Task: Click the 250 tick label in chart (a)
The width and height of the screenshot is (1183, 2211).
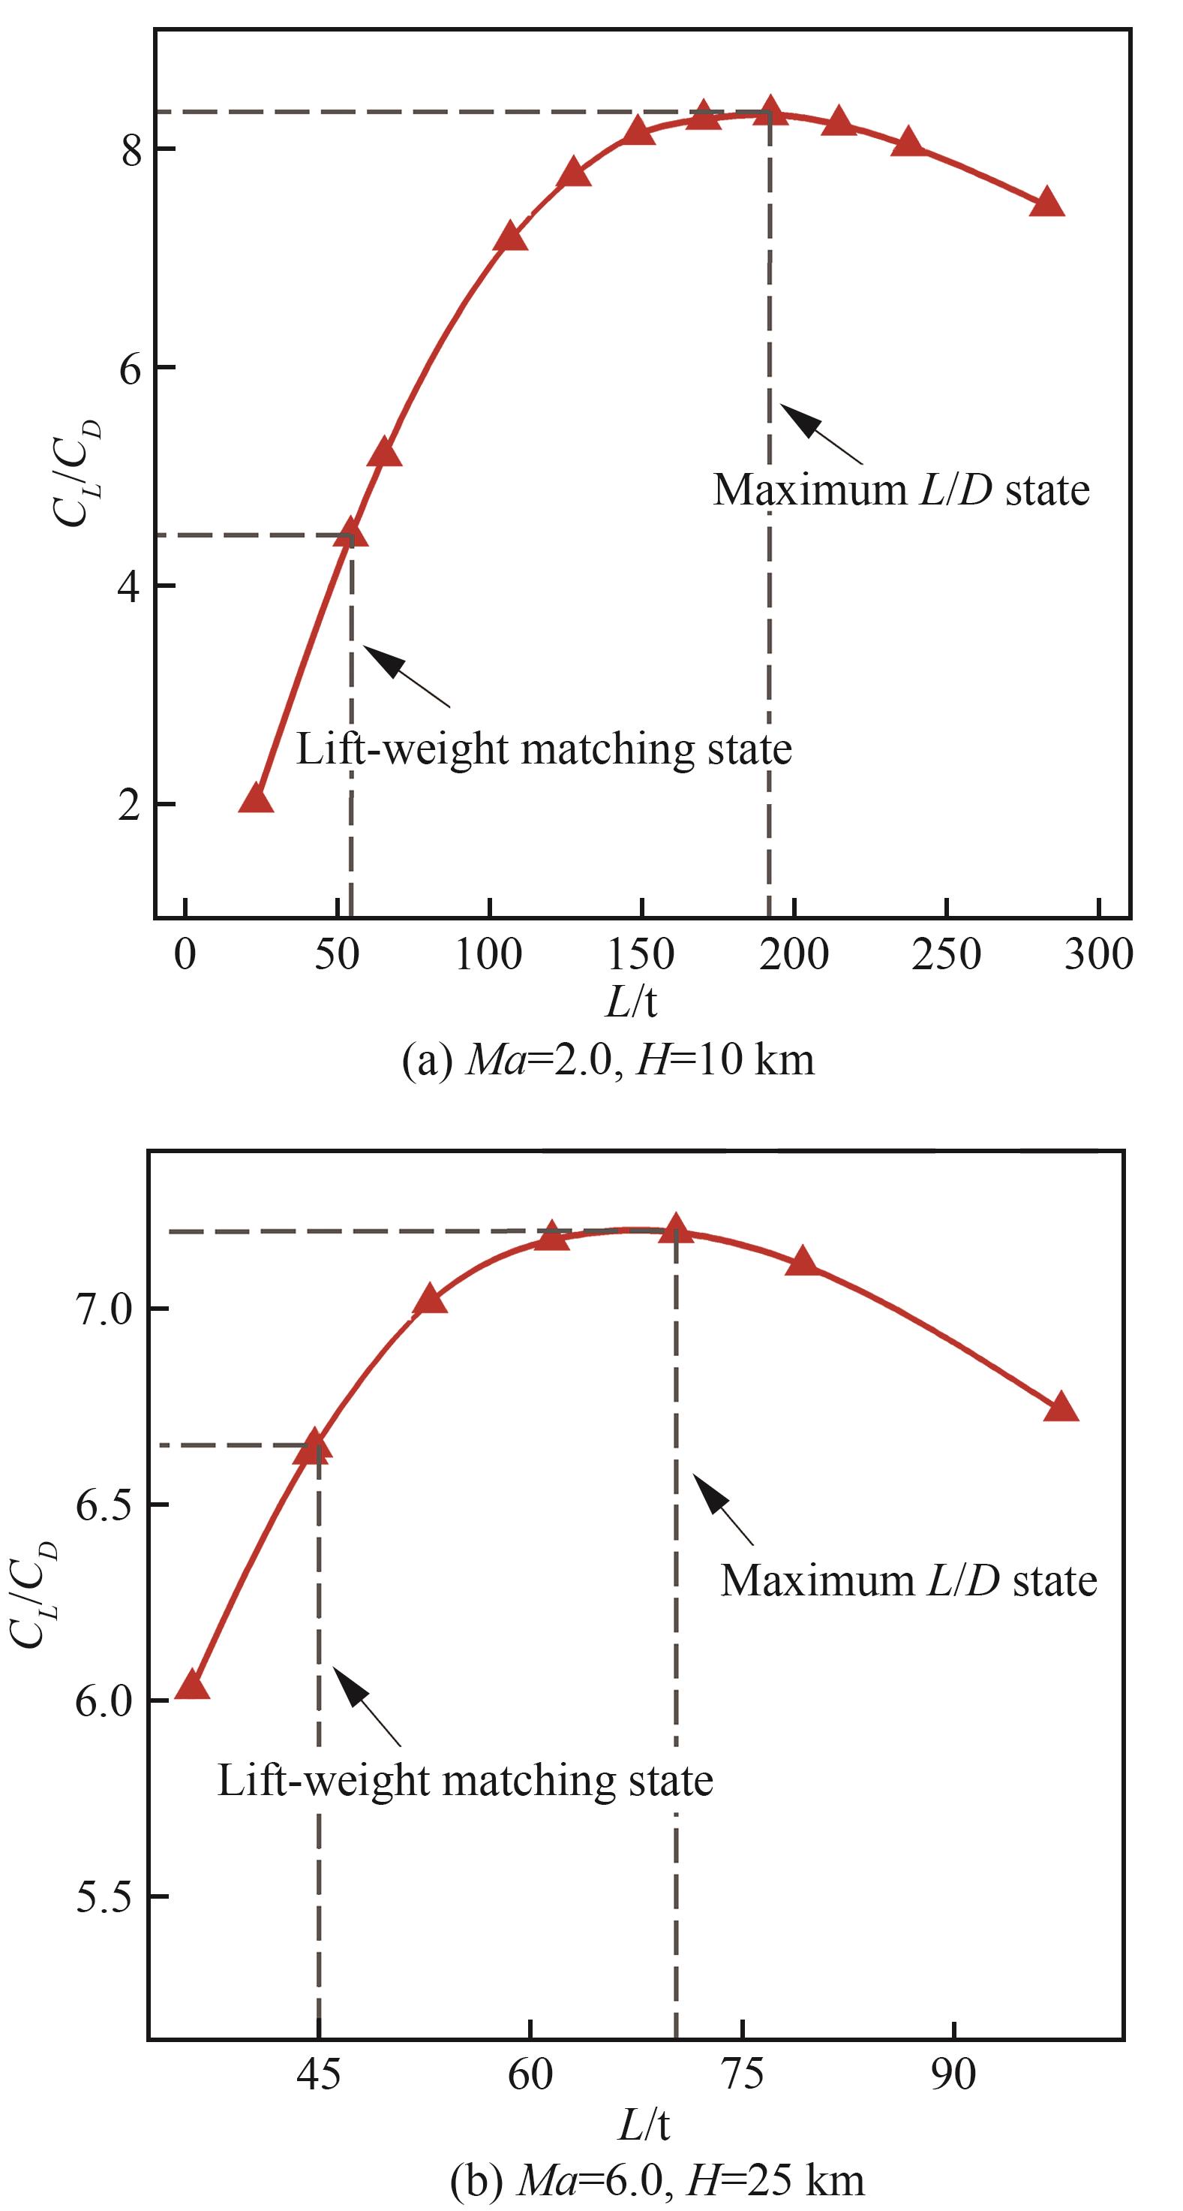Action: click(946, 954)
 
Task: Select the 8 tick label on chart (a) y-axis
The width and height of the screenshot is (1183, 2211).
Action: click(131, 149)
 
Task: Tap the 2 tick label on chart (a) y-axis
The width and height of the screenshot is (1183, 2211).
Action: click(131, 805)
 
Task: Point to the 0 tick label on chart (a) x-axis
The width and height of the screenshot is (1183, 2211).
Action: click(185, 954)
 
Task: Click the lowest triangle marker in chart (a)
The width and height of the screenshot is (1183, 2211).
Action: click(256, 799)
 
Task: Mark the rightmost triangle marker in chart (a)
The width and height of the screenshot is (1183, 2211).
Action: click(1046, 203)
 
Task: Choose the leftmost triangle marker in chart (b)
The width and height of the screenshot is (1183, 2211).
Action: click(192, 1685)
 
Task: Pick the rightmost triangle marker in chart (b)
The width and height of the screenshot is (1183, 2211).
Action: click(1061, 1408)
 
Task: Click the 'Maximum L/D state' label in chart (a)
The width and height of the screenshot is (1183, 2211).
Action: click(901, 490)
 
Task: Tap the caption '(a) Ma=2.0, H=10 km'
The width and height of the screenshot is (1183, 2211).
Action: click(608, 1059)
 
